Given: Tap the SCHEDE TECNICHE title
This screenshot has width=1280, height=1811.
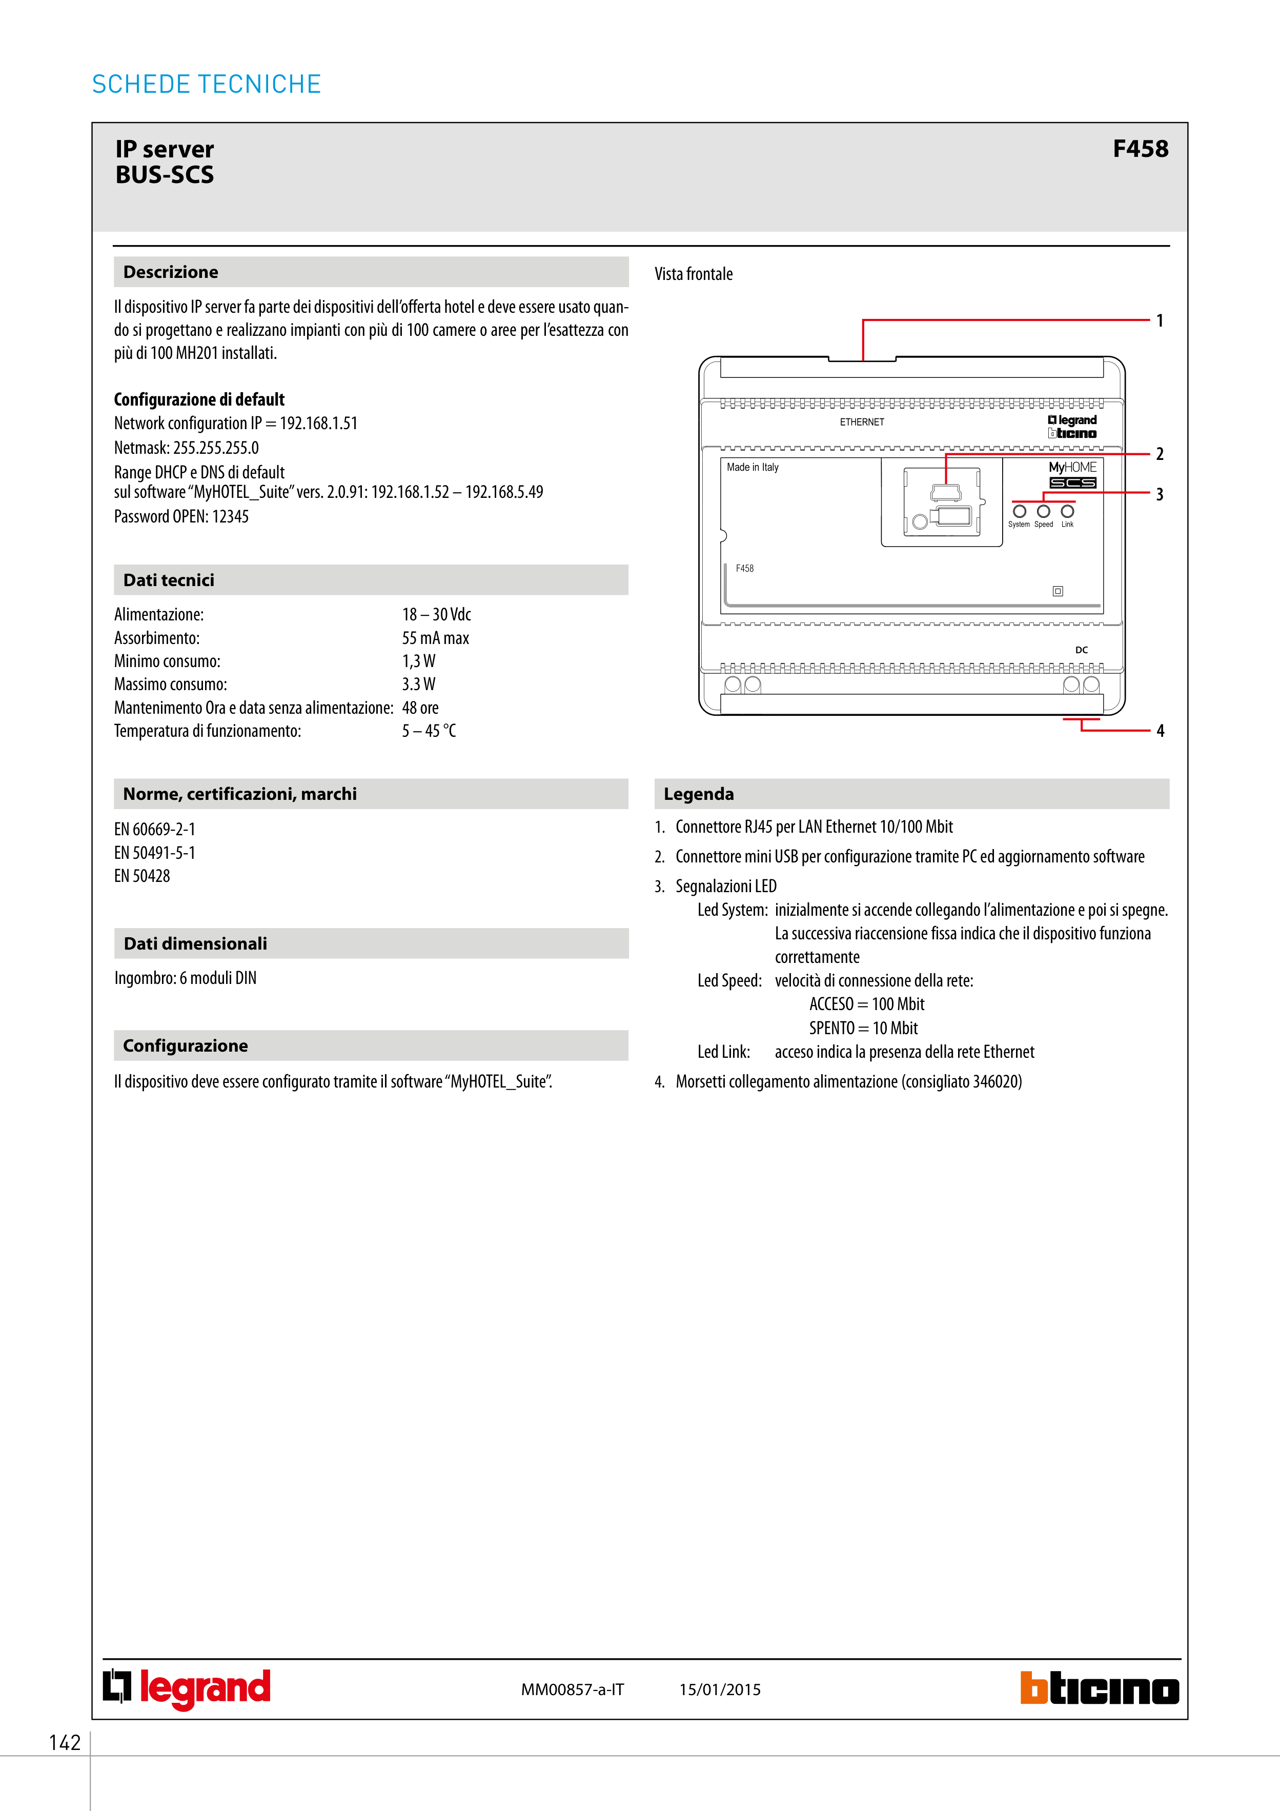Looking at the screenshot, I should pos(207,85).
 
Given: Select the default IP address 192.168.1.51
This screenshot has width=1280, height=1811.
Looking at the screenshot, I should pos(319,424).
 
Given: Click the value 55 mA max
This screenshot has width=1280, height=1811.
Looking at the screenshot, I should pos(435,638).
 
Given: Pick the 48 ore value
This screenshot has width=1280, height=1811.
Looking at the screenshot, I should pos(420,708).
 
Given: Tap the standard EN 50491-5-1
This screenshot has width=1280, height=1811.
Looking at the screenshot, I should pos(155,853).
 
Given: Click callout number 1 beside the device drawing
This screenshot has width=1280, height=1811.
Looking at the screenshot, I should pos(1160,320).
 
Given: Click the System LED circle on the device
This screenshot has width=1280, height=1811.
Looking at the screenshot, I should pos(1019,511).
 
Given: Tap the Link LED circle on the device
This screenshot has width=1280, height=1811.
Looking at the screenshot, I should pos(1067,511).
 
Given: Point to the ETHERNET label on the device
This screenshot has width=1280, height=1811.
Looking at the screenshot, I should pos(862,422).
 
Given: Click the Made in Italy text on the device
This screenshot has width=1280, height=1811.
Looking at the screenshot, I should pos(753,468).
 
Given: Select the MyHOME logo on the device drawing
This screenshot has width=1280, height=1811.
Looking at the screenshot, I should pos(1072,468).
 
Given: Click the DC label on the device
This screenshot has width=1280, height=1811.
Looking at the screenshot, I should pos(1081,650).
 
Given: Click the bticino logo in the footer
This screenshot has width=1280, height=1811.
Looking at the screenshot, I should pos(1100,1689).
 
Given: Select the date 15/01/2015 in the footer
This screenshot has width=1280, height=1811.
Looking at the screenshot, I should pos(720,1689).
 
